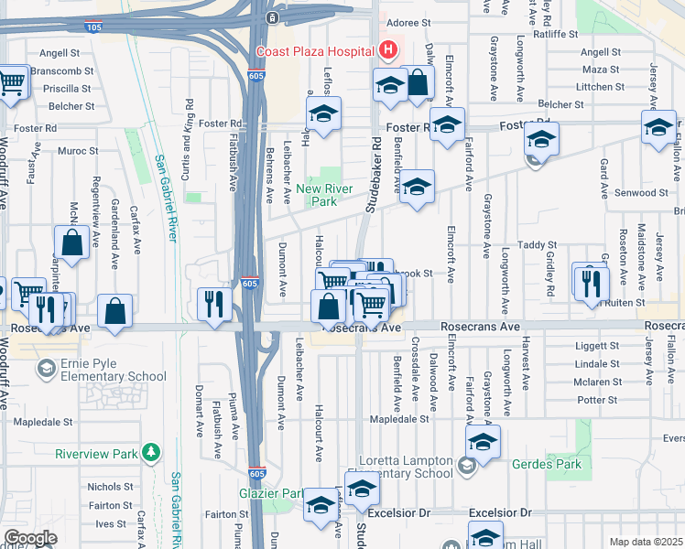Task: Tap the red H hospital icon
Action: click(389, 50)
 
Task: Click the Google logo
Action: click(29, 538)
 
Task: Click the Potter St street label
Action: click(598, 400)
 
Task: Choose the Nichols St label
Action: click(111, 487)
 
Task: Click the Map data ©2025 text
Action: click(647, 542)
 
